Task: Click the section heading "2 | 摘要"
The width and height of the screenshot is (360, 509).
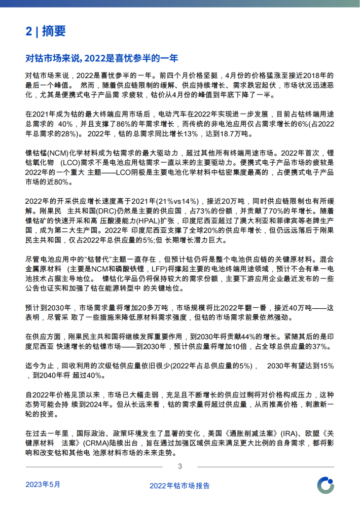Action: click(x=46, y=31)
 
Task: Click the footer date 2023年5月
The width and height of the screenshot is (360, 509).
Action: click(x=43, y=484)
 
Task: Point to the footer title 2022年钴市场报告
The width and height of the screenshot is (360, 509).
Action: click(x=179, y=485)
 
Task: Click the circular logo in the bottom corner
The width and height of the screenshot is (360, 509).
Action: click(x=325, y=485)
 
